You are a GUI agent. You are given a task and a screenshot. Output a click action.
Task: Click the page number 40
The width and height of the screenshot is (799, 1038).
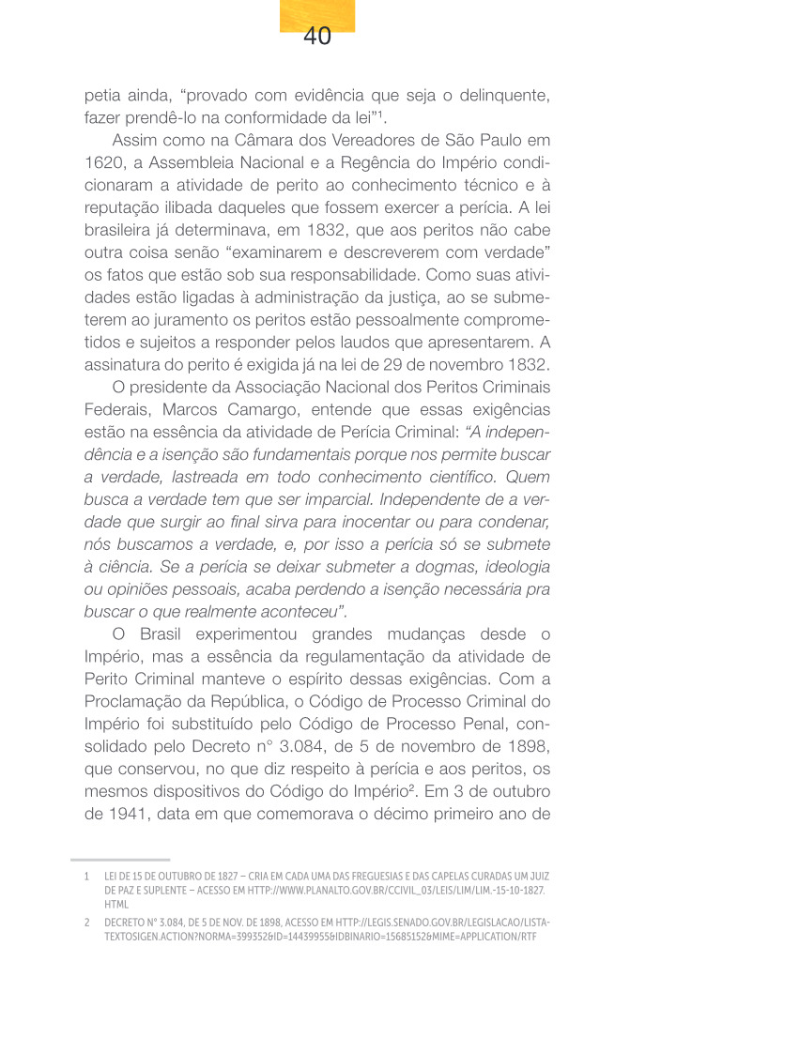(x=317, y=37)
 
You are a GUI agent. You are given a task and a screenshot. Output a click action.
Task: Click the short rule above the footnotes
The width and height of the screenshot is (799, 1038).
(x=120, y=859)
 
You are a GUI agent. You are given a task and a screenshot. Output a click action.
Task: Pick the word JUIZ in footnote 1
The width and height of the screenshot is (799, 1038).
(x=537, y=876)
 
